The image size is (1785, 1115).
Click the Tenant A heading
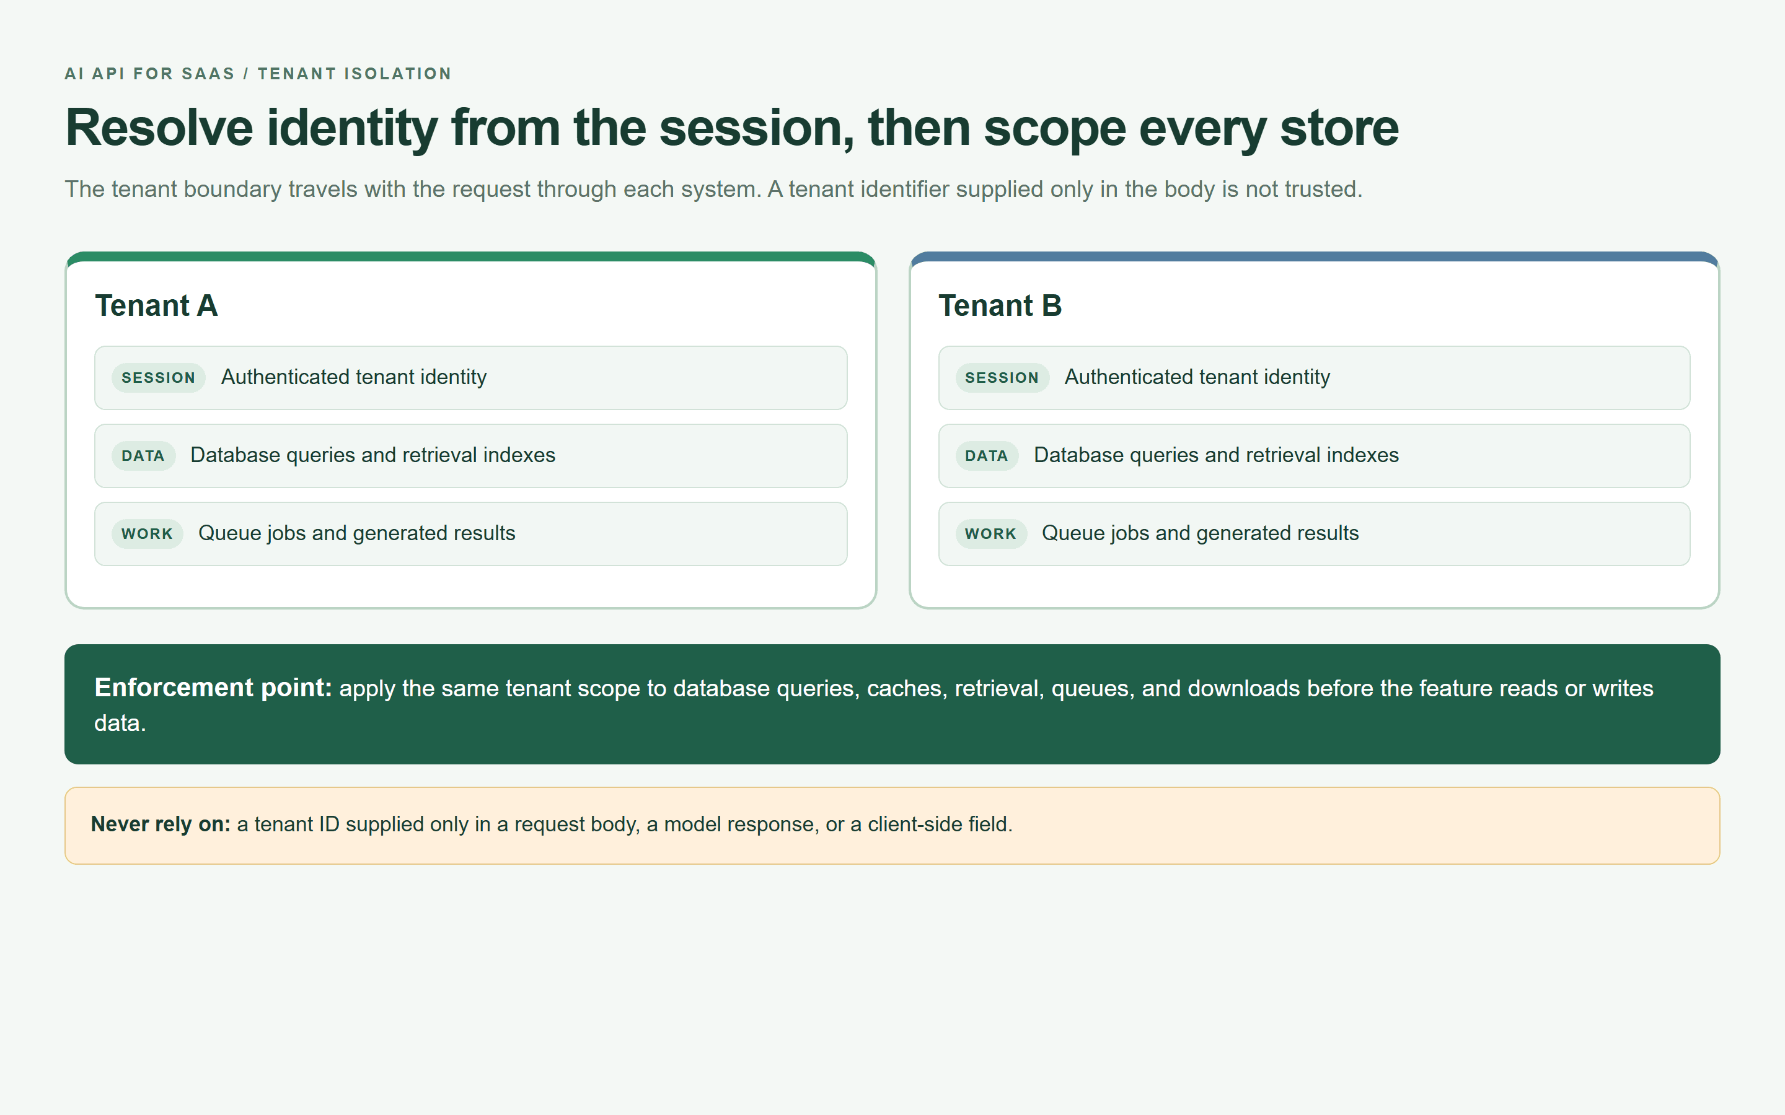coord(156,305)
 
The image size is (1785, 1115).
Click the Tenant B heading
coord(1000,305)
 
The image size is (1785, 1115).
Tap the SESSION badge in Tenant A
coord(159,378)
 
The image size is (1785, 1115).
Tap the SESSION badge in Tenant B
coord(1002,378)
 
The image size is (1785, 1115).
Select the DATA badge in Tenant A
coord(143,456)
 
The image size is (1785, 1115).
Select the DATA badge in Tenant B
coord(987,456)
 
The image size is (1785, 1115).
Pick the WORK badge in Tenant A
coord(148,534)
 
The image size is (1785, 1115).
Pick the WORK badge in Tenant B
coord(990,534)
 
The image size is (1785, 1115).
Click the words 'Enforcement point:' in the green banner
coord(213,688)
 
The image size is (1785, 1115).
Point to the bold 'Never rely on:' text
coord(161,824)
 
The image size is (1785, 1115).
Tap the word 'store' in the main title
coord(1339,128)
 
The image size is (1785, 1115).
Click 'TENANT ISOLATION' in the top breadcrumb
coord(355,74)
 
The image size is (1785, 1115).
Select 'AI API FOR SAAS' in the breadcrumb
coord(150,74)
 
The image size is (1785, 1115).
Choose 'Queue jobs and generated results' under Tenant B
coord(1200,533)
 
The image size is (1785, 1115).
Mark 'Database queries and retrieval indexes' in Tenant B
coord(1216,455)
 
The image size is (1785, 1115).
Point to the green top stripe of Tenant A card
coord(470,256)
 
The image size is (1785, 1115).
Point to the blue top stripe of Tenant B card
coord(1315,256)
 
